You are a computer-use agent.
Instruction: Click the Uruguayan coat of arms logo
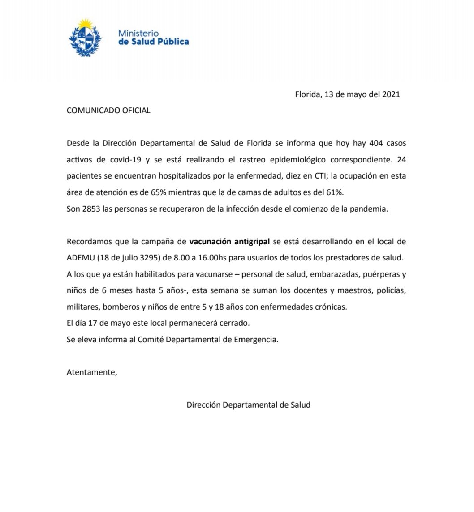[x=85, y=38]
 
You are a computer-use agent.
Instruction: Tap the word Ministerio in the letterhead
[x=138, y=33]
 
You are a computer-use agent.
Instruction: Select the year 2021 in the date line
[x=391, y=94]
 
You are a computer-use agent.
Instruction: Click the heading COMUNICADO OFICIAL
[x=108, y=111]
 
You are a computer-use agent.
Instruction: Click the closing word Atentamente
[x=91, y=372]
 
